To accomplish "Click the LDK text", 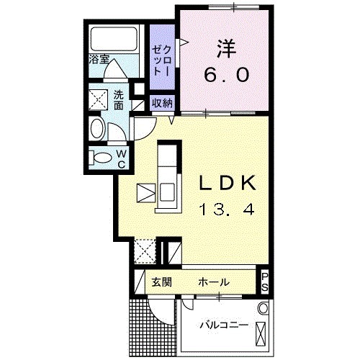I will [x=227, y=184].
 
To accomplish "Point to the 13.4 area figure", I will [x=227, y=210].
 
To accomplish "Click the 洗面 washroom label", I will [x=119, y=100].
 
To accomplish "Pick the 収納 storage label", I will [x=162, y=102].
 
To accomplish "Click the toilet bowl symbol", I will [x=102, y=158].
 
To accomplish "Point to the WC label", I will [x=122, y=158].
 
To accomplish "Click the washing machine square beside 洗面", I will [x=97, y=98].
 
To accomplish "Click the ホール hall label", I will [x=214, y=282].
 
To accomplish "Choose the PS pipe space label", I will [x=265, y=281].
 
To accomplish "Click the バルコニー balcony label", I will [x=223, y=326].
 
